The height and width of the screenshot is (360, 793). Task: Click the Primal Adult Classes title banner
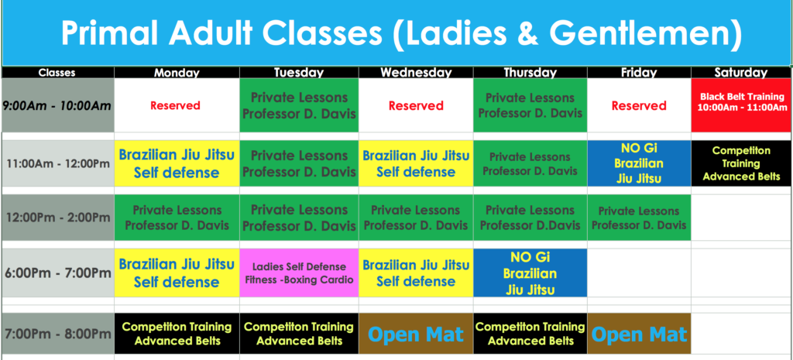[x=396, y=33]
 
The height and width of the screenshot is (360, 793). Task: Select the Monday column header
[x=177, y=72]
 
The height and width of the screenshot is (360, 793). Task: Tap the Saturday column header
[x=741, y=72]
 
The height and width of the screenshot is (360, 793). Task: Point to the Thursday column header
[x=530, y=72]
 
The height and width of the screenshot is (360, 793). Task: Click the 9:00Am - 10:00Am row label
[x=58, y=105]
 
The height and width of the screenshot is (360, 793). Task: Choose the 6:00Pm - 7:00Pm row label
[x=58, y=273]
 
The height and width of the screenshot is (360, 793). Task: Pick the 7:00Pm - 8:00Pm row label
[x=58, y=334]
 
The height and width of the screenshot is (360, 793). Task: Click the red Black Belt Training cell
[x=741, y=105]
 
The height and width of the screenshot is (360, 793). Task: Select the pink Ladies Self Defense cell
[x=300, y=273]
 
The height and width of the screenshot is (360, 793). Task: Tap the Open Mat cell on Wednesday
[x=416, y=334]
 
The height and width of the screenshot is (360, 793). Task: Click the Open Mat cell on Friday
[x=639, y=334]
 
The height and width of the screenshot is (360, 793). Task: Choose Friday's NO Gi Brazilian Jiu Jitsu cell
[x=639, y=163]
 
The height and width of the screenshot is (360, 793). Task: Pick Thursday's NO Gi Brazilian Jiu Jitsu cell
[x=530, y=273]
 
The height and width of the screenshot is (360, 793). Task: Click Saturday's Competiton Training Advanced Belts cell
[x=741, y=163]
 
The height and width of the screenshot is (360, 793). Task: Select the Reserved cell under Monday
[x=177, y=105]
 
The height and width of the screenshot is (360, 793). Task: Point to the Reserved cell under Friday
[x=639, y=105]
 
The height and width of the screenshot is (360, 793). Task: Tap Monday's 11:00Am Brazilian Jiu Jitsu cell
[x=177, y=163]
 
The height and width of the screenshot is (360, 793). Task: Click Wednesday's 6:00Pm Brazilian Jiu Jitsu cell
[x=416, y=273]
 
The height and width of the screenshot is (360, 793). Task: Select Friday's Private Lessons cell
[x=639, y=218]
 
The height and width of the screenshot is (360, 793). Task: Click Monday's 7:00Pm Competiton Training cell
[x=177, y=334]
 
